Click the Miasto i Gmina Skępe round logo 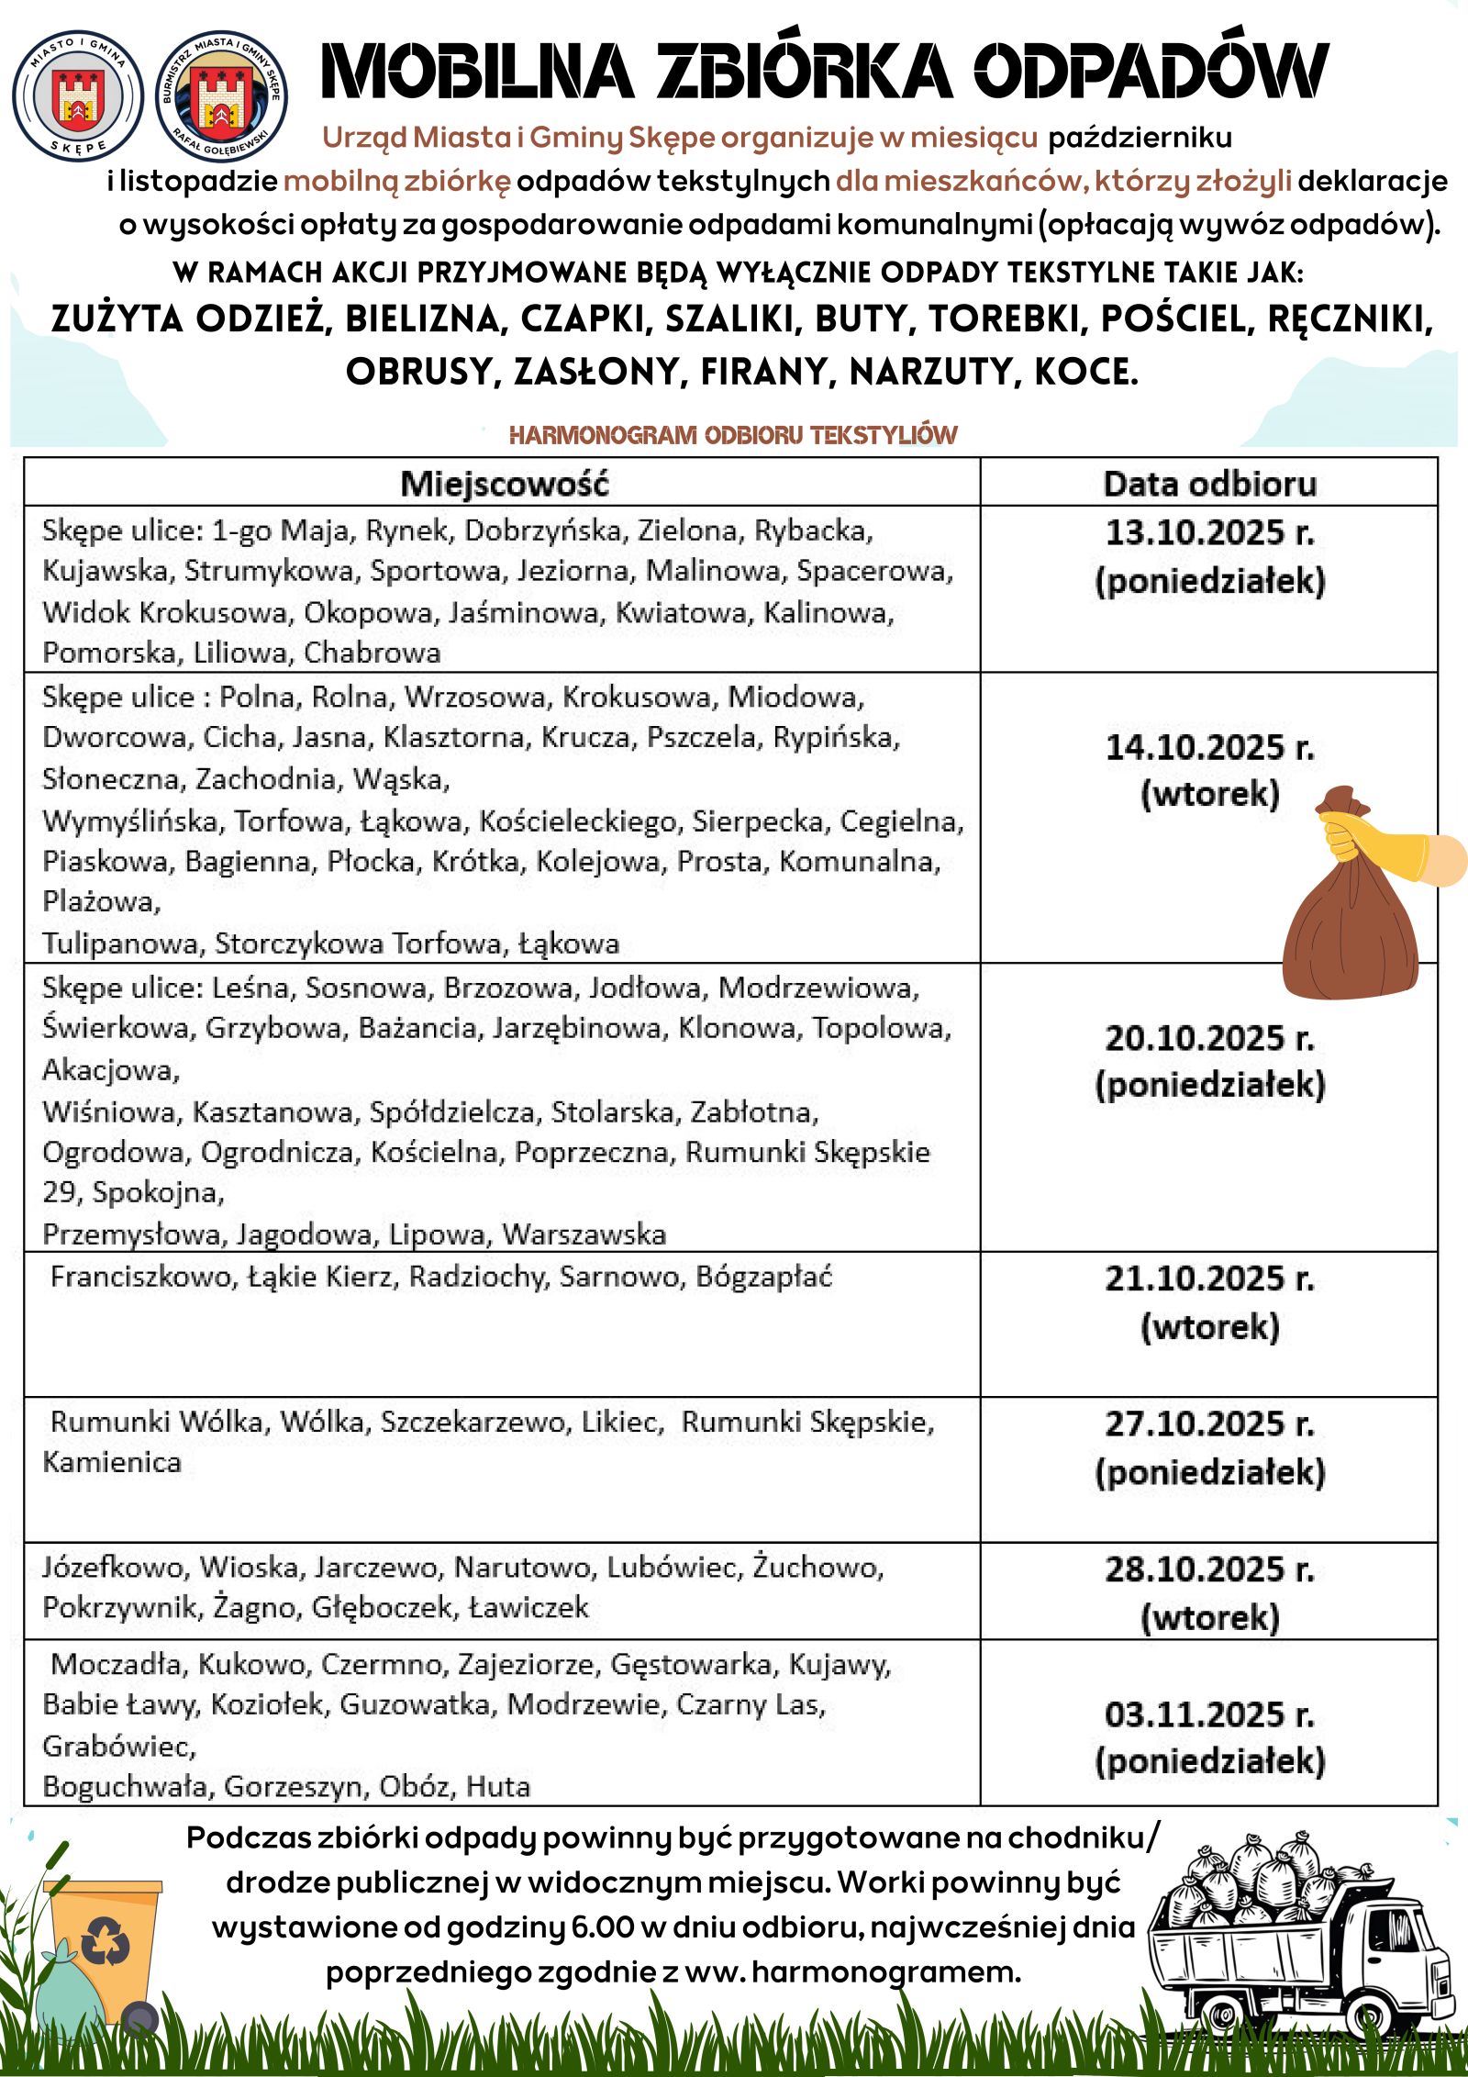coord(78,96)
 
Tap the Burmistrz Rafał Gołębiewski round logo coord(221,96)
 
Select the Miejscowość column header coord(504,484)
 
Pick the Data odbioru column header coord(1209,484)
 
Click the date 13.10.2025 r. coord(1209,532)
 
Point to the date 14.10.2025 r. coord(1209,747)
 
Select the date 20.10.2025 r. coord(1209,1038)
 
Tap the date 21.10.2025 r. coord(1209,1279)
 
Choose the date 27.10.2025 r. coord(1209,1424)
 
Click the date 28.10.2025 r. coord(1209,1569)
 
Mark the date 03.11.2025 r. coord(1209,1714)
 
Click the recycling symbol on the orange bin coord(106,1943)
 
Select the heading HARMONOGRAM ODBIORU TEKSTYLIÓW coord(732,435)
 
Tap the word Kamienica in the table coord(112,1462)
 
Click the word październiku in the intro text coord(1140,138)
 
